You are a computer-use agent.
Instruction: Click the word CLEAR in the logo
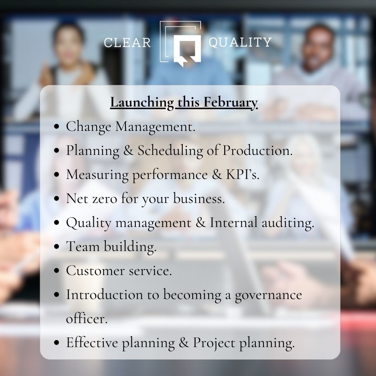tap(127, 42)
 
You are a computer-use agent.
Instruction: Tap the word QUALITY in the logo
tap(240, 42)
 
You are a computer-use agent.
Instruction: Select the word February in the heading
tap(230, 103)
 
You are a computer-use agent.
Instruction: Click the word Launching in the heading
tap(141, 103)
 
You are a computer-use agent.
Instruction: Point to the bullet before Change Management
tap(57, 127)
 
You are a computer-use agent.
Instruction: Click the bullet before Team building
tap(57, 247)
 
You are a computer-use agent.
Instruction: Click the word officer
tap(86, 319)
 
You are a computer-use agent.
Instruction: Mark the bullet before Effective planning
tap(57, 343)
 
